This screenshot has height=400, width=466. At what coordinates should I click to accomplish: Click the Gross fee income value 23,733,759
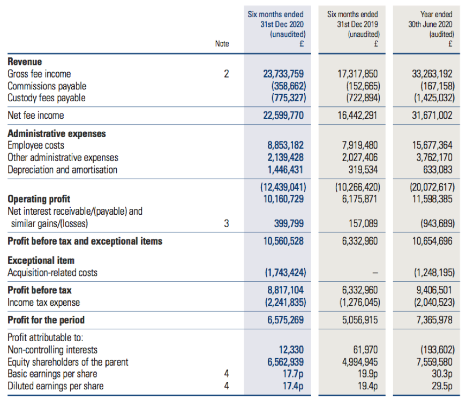(283, 74)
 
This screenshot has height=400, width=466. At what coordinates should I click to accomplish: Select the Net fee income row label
(36, 115)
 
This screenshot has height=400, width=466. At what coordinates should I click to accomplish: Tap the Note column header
(222, 44)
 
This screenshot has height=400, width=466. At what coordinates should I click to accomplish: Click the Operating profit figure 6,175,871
(359, 199)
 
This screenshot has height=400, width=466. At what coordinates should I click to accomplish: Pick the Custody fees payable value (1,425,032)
(434, 98)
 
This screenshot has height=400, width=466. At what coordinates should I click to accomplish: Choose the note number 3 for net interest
(227, 223)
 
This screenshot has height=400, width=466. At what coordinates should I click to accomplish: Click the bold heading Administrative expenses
(57, 133)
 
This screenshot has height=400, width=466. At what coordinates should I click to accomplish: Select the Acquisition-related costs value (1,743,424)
(285, 273)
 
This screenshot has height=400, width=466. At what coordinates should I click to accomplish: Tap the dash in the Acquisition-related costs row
(375, 273)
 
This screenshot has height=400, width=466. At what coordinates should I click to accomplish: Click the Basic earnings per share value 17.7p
(293, 374)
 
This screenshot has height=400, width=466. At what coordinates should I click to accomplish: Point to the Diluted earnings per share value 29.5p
(442, 386)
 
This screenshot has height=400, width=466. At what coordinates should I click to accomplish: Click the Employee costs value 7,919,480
(359, 145)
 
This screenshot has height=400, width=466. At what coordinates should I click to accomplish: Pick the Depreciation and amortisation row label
(63, 170)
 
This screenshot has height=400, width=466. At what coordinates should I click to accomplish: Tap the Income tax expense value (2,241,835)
(285, 302)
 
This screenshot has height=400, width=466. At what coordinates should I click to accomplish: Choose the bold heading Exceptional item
(41, 260)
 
